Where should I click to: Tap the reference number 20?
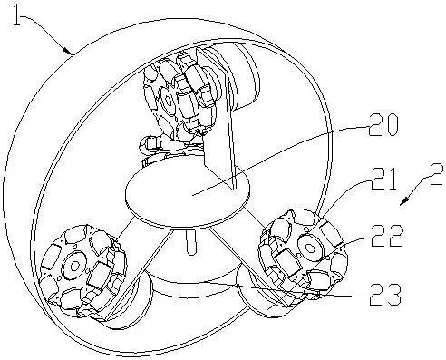[x=383, y=124]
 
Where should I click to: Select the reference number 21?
[x=383, y=179]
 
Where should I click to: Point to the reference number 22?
[x=388, y=236]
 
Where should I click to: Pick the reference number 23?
[x=385, y=294]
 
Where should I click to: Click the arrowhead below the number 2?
[x=403, y=202]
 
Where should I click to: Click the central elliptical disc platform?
[x=188, y=192]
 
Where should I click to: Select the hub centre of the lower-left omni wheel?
[x=74, y=266]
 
